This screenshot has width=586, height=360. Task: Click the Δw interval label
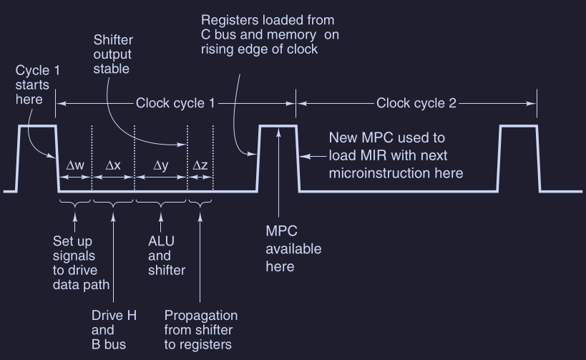coord(75,165)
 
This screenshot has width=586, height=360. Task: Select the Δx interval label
coord(113,165)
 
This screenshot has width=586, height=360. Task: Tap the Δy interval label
coord(161,165)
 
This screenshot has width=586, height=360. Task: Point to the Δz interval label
coord(200,165)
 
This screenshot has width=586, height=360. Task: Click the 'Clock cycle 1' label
coord(175,103)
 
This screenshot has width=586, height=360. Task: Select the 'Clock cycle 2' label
coord(416,103)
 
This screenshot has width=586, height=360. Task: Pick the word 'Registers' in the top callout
coord(230,19)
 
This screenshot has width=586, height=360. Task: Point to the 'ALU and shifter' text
coord(166,256)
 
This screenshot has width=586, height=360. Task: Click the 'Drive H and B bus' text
coord(114,330)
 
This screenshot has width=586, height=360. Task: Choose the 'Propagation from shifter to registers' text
coord(201,330)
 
